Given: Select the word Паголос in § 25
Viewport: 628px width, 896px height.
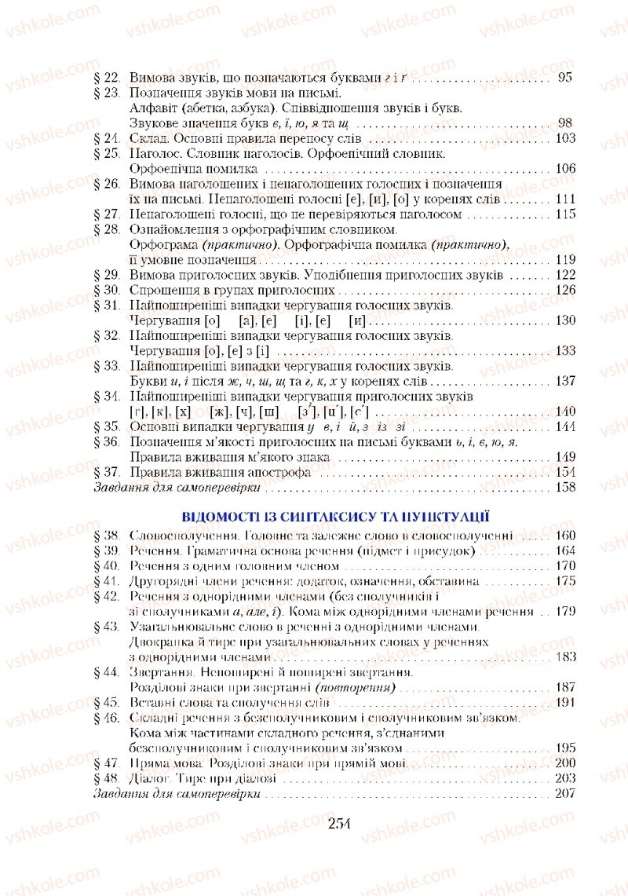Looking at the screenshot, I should tap(153, 153).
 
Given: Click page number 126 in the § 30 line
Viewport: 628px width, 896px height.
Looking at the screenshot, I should tap(564, 290).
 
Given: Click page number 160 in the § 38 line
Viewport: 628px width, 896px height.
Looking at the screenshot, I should tap(564, 536).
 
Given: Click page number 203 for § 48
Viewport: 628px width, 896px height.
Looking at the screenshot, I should tap(564, 778).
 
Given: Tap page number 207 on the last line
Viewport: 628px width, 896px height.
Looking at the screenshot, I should tap(564, 793).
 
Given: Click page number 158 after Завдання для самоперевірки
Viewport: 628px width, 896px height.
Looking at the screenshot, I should tap(564, 487).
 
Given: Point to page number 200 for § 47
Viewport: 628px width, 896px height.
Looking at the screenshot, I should tap(564, 763).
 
